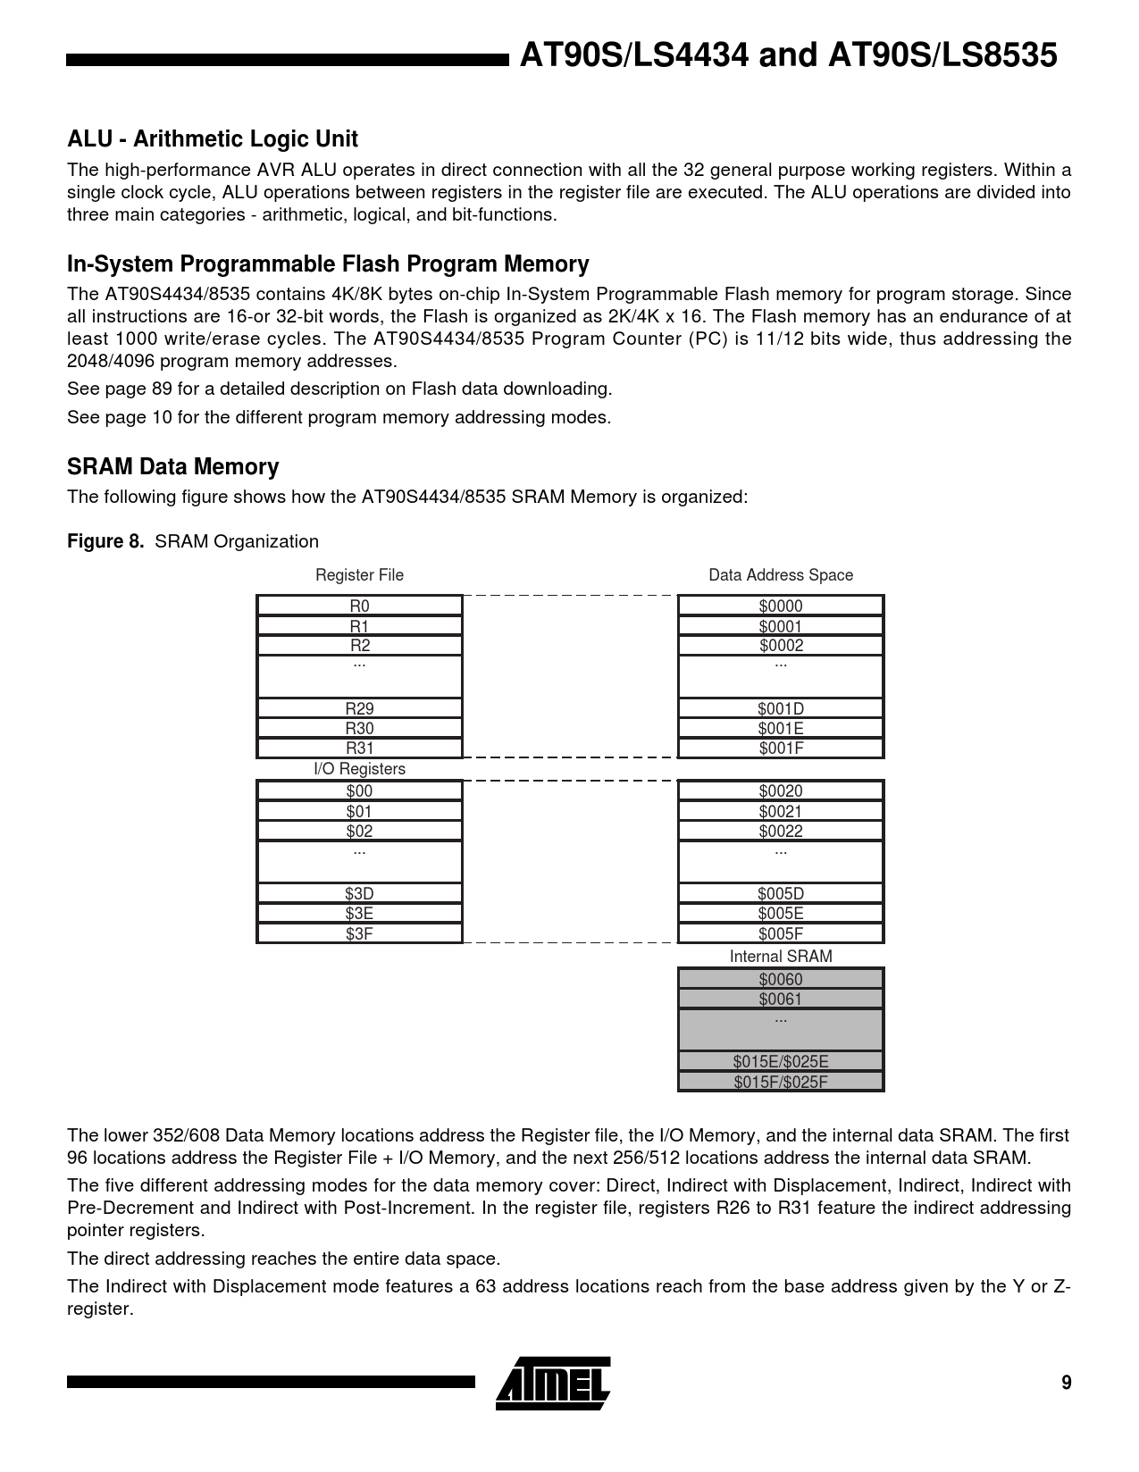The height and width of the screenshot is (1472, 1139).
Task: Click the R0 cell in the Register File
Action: coord(359,606)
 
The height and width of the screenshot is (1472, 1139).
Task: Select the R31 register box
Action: coord(359,749)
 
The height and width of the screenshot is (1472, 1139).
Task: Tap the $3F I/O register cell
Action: coord(359,934)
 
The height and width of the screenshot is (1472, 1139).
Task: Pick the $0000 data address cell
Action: coord(781,606)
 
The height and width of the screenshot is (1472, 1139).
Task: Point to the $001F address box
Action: coord(781,749)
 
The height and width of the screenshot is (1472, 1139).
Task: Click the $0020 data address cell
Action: coord(781,790)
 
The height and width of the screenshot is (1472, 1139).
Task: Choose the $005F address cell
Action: coord(781,934)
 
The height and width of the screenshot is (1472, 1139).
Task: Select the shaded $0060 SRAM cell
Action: coord(781,979)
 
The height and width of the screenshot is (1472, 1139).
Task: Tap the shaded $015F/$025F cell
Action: coord(781,1083)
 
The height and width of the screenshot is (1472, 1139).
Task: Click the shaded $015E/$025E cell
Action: coord(781,1062)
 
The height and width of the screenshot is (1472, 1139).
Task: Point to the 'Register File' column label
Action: coord(359,575)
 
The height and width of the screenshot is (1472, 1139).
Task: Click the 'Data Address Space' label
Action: coord(781,575)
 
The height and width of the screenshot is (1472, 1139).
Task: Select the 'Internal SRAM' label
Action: coord(781,957)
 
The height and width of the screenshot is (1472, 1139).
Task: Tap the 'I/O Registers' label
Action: coord(359,769)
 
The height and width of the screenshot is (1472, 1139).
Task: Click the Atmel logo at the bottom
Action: coord(554,1383)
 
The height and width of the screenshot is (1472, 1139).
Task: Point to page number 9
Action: coord(1066,1383)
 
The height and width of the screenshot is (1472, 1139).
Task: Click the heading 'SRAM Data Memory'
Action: coord(173,467)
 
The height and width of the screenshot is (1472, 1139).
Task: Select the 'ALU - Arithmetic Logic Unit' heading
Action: coord(213,139)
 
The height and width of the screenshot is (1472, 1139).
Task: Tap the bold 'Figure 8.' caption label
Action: coord(105,541)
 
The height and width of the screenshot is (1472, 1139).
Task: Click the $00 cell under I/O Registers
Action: coord(359,790)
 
